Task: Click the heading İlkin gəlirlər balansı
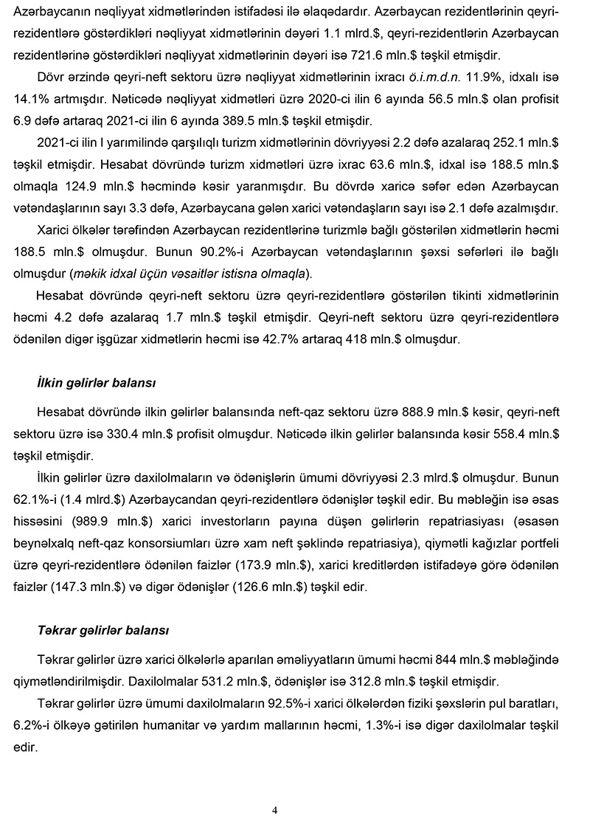click(x=96, y=384)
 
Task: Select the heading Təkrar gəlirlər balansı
click(x=103, y=631)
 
